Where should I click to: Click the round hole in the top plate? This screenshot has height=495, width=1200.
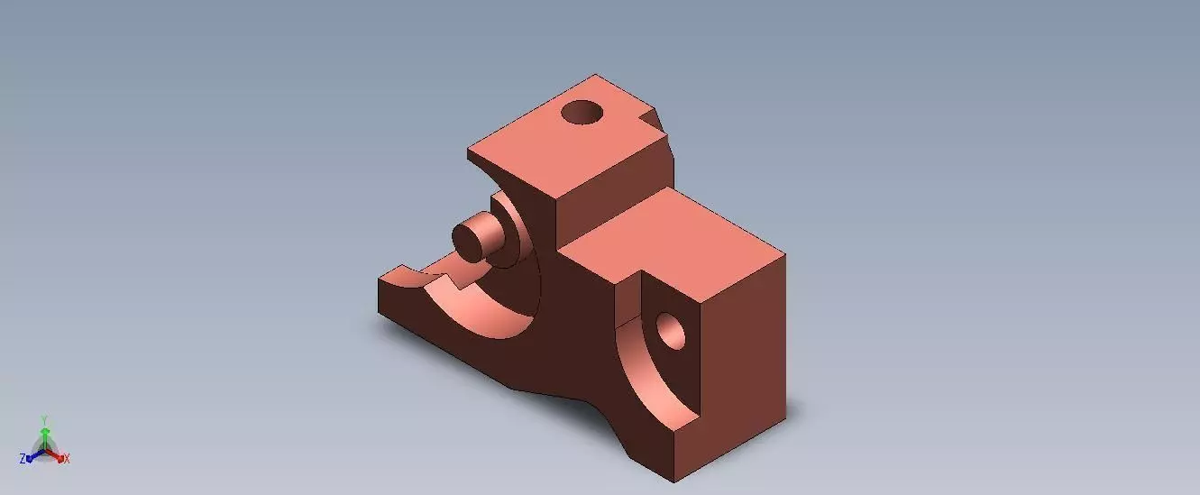click(x=582, y=113)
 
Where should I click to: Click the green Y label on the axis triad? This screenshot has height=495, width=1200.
click(x=44, y=420)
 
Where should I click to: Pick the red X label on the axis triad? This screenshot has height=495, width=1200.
click(x=67, y=459)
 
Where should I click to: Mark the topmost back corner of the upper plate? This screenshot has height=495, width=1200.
click(x=597, y=75)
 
